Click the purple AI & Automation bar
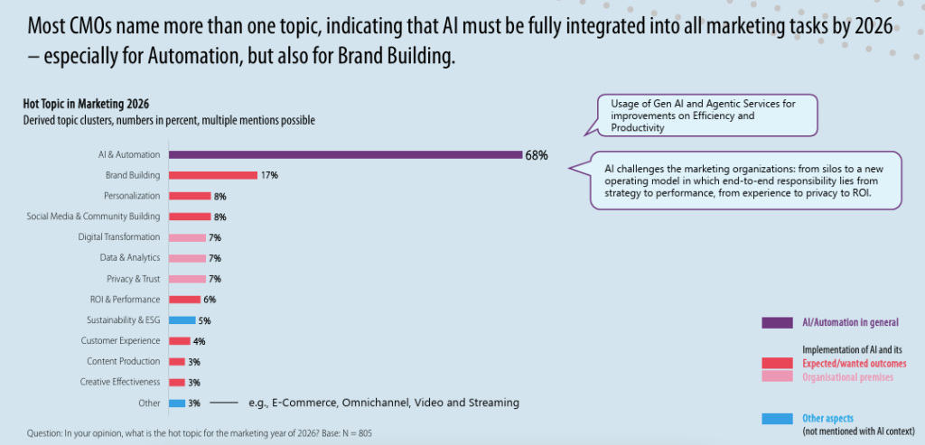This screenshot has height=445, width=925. [x=344, y=154]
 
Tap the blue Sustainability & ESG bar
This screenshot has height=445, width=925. [x=182, y=320]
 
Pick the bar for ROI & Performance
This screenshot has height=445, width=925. [x=184, y=300]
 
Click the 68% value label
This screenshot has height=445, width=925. [x=536, y=154]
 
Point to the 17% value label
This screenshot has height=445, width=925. [x=268, y=175]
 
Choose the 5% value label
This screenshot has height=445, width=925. [x=205, y=320]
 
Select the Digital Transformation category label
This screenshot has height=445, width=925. [x=118, y=237]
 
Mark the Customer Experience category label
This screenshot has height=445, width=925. [x=120, y=341]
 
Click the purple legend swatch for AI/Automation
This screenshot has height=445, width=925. [x=777, y=322]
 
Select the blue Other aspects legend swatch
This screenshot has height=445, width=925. [x=777, y=419]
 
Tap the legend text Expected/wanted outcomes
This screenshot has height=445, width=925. [x=855, y=363]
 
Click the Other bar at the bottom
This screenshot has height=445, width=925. [x=177, y=403]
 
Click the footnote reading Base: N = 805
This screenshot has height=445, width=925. [x=343, y=433]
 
